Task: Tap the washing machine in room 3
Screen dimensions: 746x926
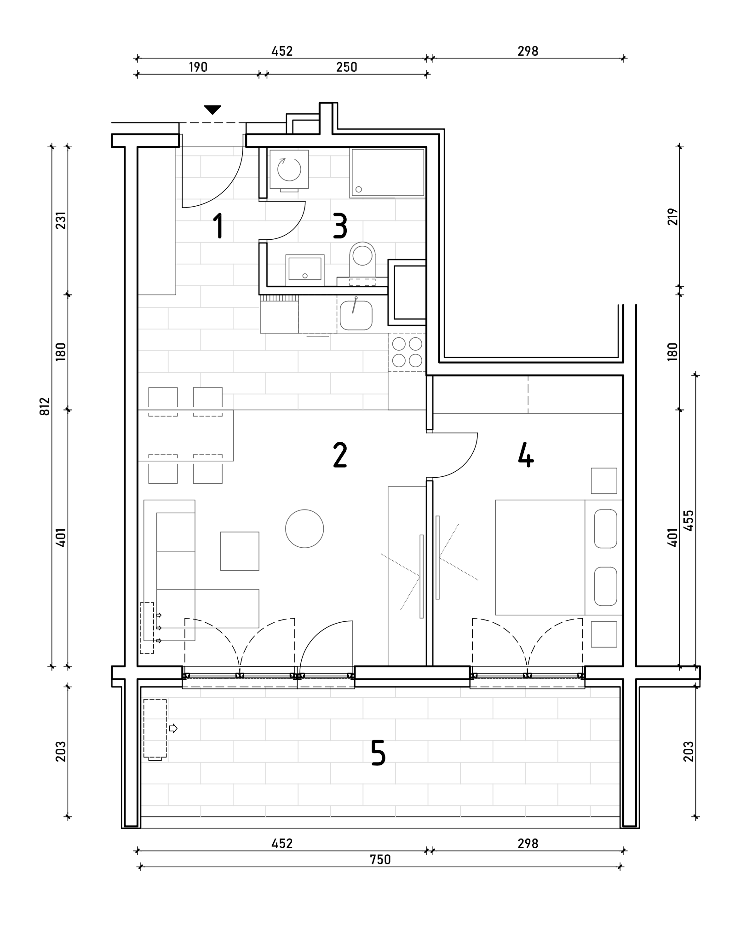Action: click(x=289, y=170)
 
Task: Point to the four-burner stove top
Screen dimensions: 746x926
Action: click(x=407, y=352)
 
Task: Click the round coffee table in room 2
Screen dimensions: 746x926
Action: click(x=304, y=529)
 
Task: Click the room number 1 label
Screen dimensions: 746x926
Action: click(x=218, y=226)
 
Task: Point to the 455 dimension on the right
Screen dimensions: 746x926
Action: click(x=689, y=521)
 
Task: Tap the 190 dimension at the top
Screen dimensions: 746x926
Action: click(x=198, y=67)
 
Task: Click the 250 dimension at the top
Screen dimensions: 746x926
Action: click(x=346, y=67)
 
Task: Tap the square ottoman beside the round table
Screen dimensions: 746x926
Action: click(x=240, y=551)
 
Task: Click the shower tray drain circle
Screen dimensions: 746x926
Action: click(x=359, y=189)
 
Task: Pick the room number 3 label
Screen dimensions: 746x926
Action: click(x=340, y=226)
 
